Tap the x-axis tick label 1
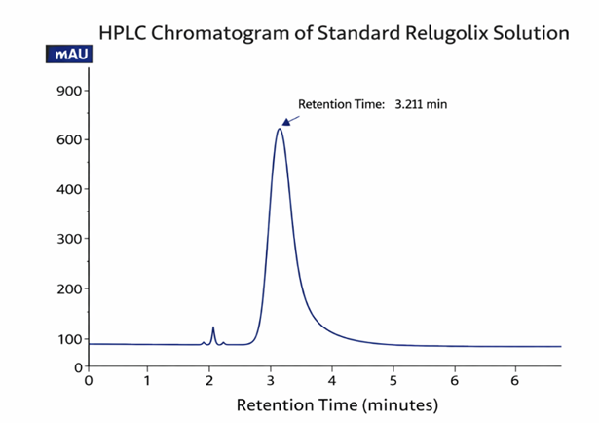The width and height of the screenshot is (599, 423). click(x=147, y=380)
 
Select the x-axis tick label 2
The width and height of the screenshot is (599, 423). click(x=208, y=380)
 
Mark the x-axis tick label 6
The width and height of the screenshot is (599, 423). click(x=454, y=380)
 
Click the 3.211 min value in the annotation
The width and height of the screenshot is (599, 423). click(x=421, y=103)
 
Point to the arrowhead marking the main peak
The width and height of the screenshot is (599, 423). click(x=286, y=122)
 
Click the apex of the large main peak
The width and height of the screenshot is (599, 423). click(x=280, y=129)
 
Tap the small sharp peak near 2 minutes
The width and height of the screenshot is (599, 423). click(x=213, y=328)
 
